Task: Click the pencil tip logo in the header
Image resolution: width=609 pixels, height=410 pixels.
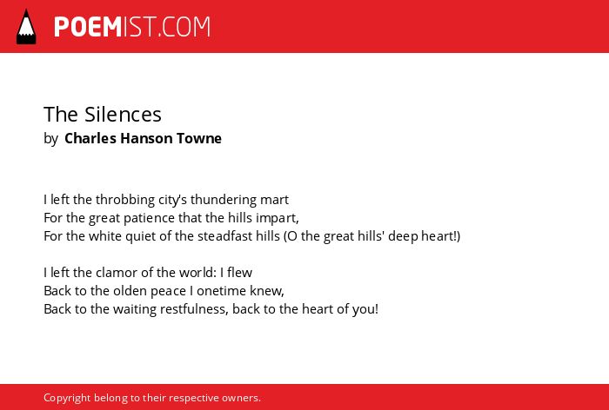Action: (x=26, y=27)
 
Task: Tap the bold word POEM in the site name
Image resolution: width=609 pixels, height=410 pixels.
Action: (x=88, y=27)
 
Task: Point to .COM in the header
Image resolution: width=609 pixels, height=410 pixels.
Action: (x=184, y=27)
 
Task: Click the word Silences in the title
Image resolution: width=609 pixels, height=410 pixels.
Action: (x=123, y=115)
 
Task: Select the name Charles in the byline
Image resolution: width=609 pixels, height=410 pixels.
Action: (x=90, y=138)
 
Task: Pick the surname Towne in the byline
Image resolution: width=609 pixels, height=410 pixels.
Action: (x=199, y=138)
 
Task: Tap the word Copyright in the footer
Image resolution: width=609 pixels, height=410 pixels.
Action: (x=67, y=398)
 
